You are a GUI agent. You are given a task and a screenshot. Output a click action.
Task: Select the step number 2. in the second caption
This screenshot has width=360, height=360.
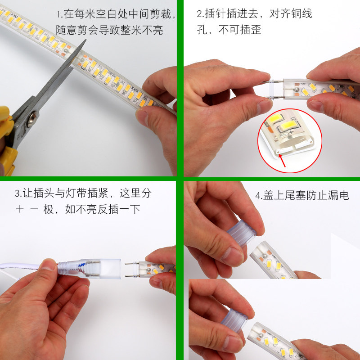click(200, 14)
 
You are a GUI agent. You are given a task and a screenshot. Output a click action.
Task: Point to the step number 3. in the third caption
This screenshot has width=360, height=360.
click(18, 194)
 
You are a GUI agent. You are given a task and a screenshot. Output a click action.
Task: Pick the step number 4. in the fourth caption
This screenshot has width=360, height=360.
click(259, 196)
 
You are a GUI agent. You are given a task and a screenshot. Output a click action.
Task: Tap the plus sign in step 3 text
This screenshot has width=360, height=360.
click(19, 209)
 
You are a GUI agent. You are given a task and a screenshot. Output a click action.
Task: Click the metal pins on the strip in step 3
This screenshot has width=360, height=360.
click(131, 269)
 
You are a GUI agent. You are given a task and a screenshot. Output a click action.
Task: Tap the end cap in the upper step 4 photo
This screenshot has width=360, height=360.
click(241, 234)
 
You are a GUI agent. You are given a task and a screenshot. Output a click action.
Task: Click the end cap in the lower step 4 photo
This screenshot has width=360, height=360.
click(234, 320)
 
